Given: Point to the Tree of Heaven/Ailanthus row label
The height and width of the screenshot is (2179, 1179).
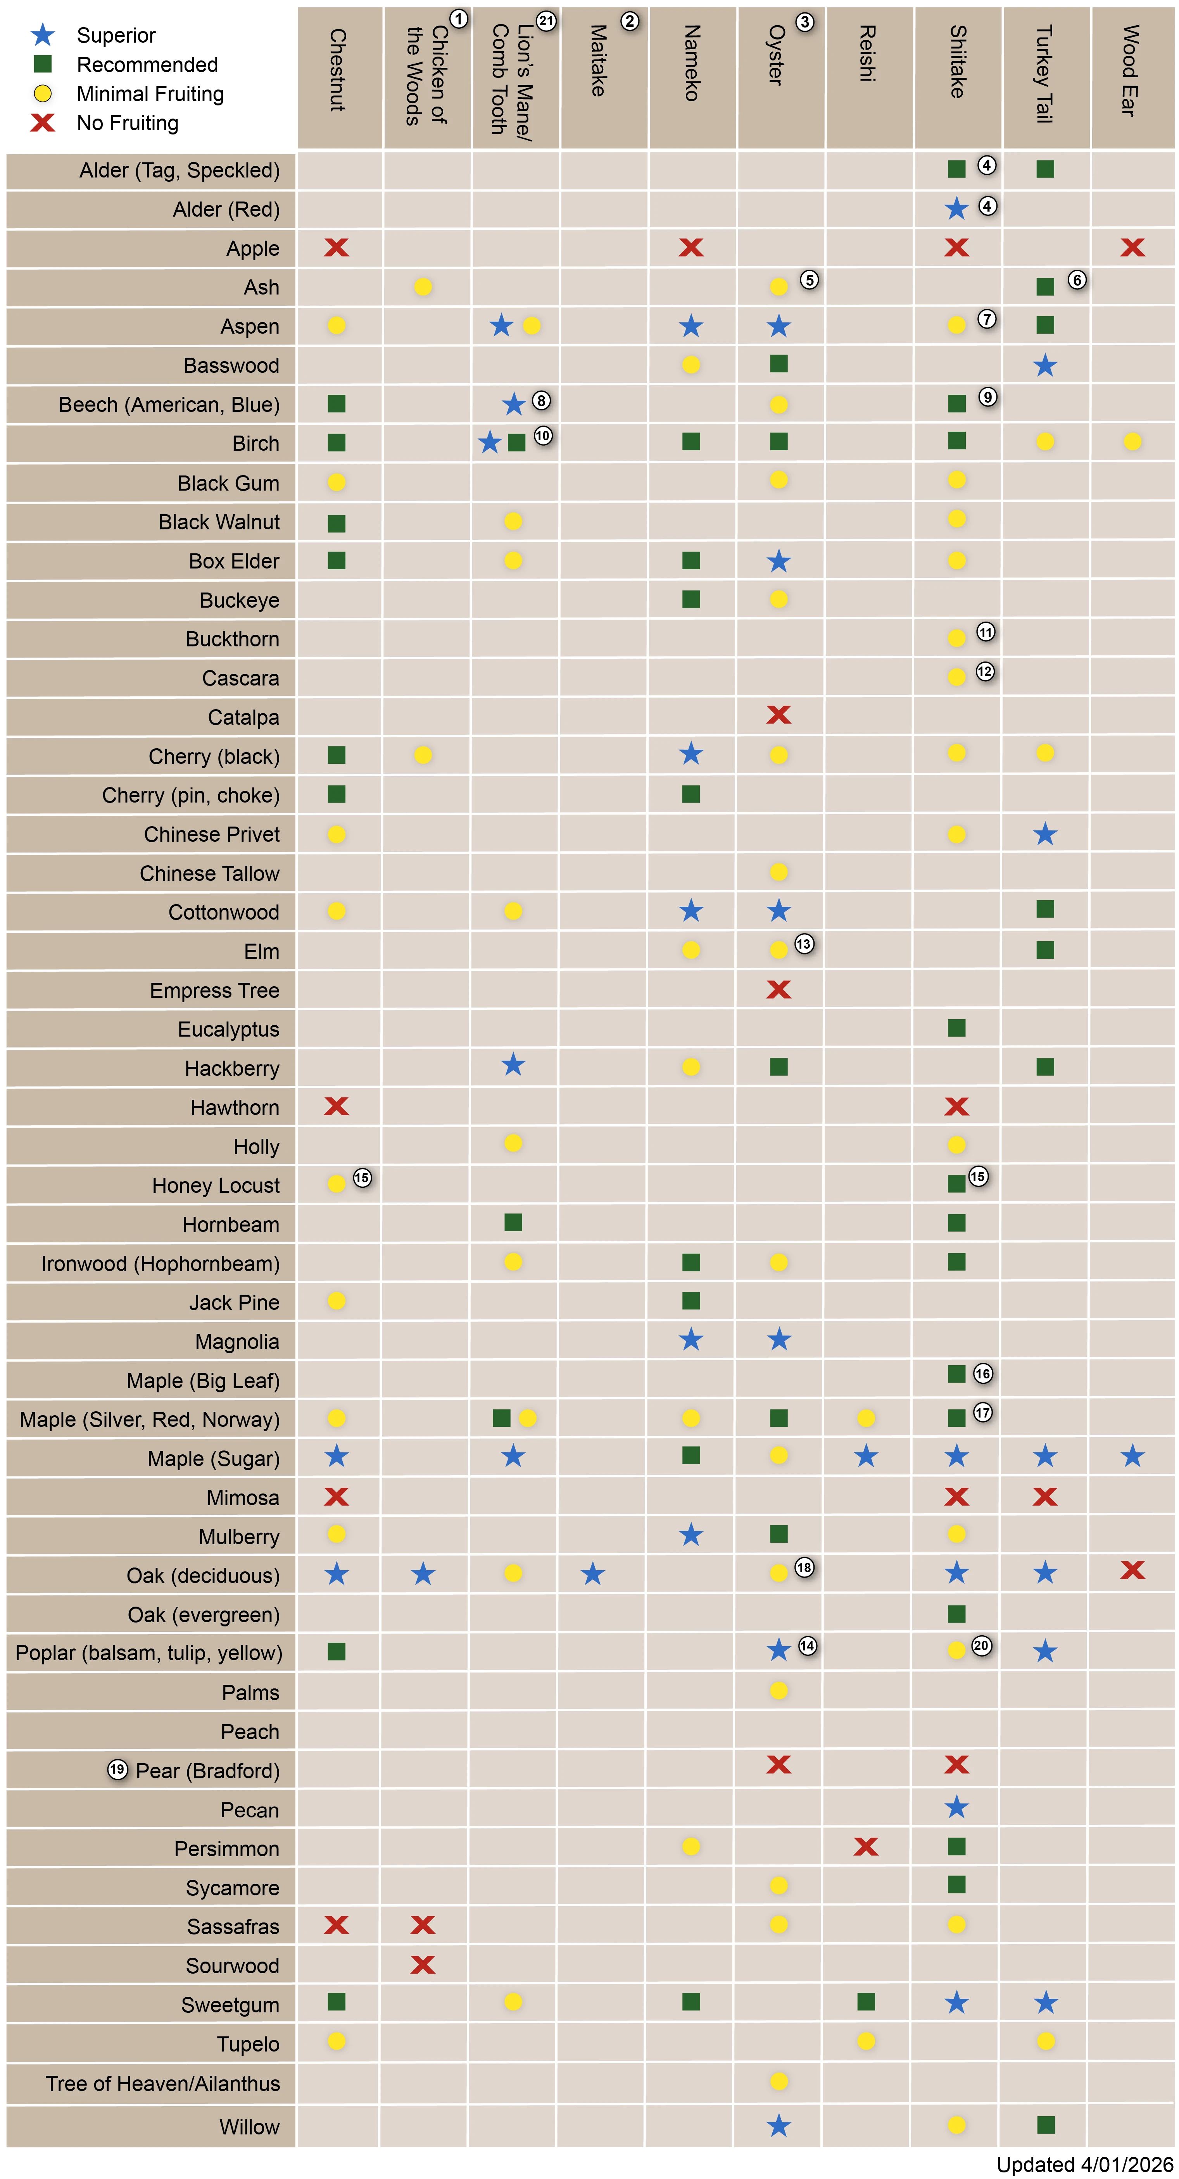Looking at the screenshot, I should point(162,2083).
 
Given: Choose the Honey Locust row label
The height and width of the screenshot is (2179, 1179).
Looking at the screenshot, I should point(216,1185).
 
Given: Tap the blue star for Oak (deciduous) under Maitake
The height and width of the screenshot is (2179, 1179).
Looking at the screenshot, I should point(593,1574).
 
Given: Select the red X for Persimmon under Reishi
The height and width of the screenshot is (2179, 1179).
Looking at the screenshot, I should point(866,1847).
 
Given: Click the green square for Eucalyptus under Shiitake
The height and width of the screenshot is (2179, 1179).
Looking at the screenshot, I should point(957,1028).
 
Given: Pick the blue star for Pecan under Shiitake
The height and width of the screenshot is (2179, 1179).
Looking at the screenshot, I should point(957,1808).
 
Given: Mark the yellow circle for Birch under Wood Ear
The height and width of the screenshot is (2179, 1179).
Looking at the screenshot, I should point(1132,441).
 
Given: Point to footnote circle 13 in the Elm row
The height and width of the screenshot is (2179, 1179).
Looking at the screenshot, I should point(804,944).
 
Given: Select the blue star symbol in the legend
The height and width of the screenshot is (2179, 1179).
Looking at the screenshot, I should point(42,34).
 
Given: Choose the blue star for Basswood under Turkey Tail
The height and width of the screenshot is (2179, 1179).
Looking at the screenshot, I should point(1045,365).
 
